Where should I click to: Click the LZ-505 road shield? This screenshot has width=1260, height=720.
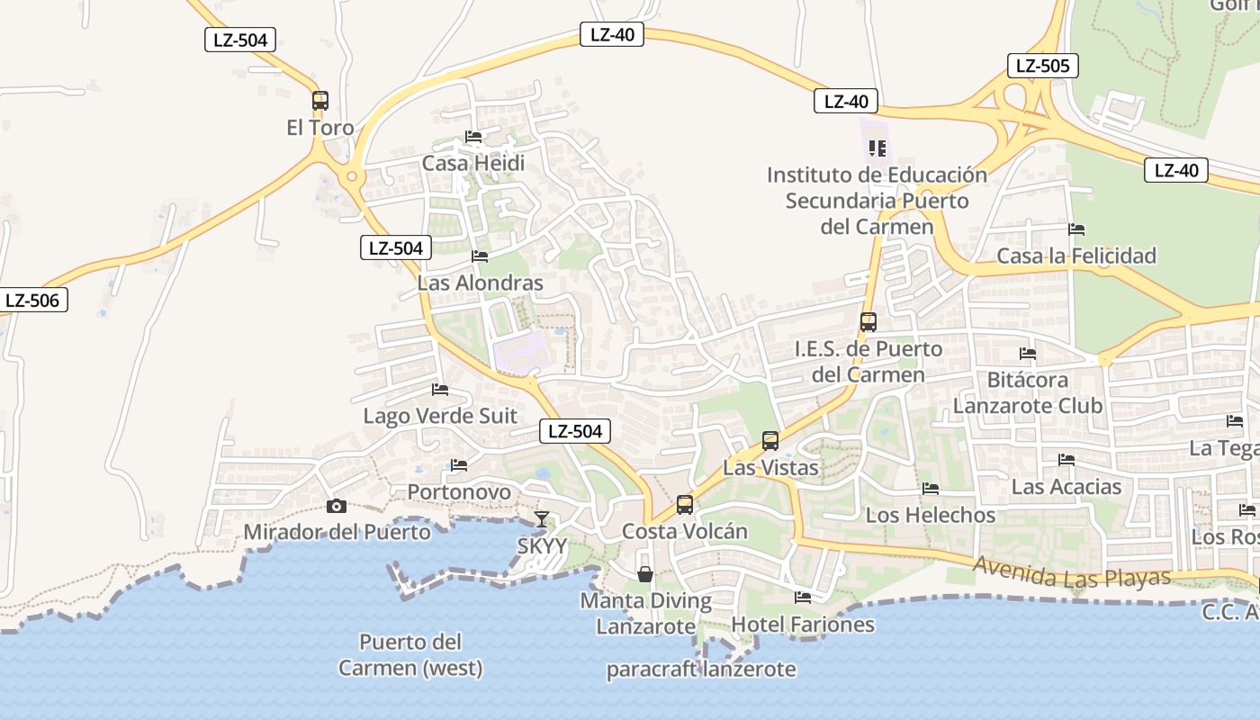pos(1042,66)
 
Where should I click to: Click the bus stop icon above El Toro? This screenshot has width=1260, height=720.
pos(320,101)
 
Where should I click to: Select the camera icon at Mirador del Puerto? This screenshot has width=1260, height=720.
pos(337,507)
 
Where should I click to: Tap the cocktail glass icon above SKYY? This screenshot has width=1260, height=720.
pos(542,519)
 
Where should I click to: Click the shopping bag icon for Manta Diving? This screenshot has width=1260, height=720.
pos(645,574)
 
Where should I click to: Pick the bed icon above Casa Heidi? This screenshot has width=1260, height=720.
pos(473,137)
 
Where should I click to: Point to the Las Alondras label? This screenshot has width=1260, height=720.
pos(480,283)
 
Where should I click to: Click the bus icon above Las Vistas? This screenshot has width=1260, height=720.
pos(770,441)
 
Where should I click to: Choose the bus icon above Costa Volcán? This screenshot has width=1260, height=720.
pos(685,505)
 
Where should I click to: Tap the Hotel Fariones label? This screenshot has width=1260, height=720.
pos(803,624)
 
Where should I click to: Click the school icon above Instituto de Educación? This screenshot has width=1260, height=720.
pos(877,148)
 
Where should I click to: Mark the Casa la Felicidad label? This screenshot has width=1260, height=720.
pos(1076,256)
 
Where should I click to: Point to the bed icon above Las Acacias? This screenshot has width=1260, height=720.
pos(1066,460)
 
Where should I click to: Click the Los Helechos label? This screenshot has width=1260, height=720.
pos(931,515)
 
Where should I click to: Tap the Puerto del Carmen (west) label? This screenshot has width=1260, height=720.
pos(410,655)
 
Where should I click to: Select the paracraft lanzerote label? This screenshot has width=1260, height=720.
pos(701,669)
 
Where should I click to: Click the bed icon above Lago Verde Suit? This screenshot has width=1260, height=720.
pos(440,390)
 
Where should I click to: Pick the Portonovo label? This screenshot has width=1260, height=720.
pos(459,492)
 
